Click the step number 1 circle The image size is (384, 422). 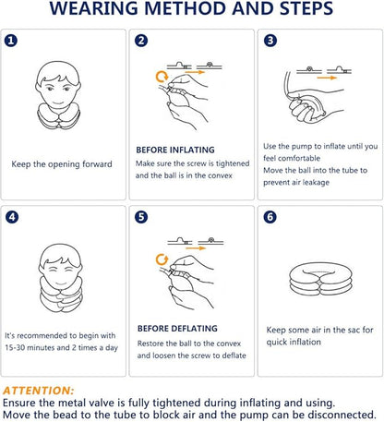click(11, 41)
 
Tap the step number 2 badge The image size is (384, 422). click(141, 41)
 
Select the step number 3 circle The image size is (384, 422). click(270, 41)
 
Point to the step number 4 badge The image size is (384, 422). click(12, 217)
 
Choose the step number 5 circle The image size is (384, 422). click(141, 217)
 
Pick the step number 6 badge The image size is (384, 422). click(270, 217)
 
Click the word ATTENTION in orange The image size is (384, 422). click(39, 391)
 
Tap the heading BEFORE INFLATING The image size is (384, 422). click(175, 150)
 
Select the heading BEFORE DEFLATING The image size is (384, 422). click(177, 329)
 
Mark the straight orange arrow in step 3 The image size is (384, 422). click(327, 78)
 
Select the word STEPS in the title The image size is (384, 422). click(306, 8)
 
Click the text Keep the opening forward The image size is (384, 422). click(62, 164)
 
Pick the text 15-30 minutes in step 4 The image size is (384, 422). click(30, 348)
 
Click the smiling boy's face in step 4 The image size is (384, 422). click(60, 272)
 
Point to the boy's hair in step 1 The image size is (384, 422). click(58, 72)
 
